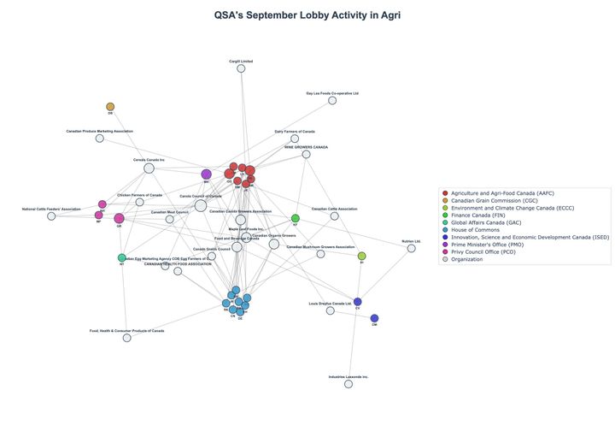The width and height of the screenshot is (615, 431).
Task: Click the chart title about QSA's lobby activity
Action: point(307,15)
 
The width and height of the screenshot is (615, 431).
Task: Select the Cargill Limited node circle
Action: point(241,68)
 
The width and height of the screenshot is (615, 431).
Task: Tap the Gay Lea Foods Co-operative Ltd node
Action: point(332,100)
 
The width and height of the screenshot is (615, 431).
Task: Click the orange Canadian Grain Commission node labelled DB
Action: point(110,107)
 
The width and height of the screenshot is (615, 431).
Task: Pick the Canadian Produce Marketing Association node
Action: point(100,138)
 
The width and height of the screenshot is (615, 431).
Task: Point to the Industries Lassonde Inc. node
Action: point(348,384)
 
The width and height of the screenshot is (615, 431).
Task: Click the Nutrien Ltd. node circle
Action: point(411,248)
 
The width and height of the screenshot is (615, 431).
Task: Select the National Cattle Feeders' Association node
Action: point(51,216)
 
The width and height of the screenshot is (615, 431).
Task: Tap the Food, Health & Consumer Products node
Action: point(127,338)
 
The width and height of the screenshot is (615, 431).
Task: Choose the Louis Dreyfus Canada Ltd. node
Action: point(331,310)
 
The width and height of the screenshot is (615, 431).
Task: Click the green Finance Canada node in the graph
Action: point(296,219)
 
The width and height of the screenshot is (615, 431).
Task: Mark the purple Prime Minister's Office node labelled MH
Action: point(206,174)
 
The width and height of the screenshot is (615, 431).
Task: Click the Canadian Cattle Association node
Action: point(335,215)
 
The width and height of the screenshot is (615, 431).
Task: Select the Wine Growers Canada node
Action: point(306,154)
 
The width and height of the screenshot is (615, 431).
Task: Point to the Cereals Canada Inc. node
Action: point(149,168)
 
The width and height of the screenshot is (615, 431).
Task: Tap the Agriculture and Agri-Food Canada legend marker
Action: point(445,193)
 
